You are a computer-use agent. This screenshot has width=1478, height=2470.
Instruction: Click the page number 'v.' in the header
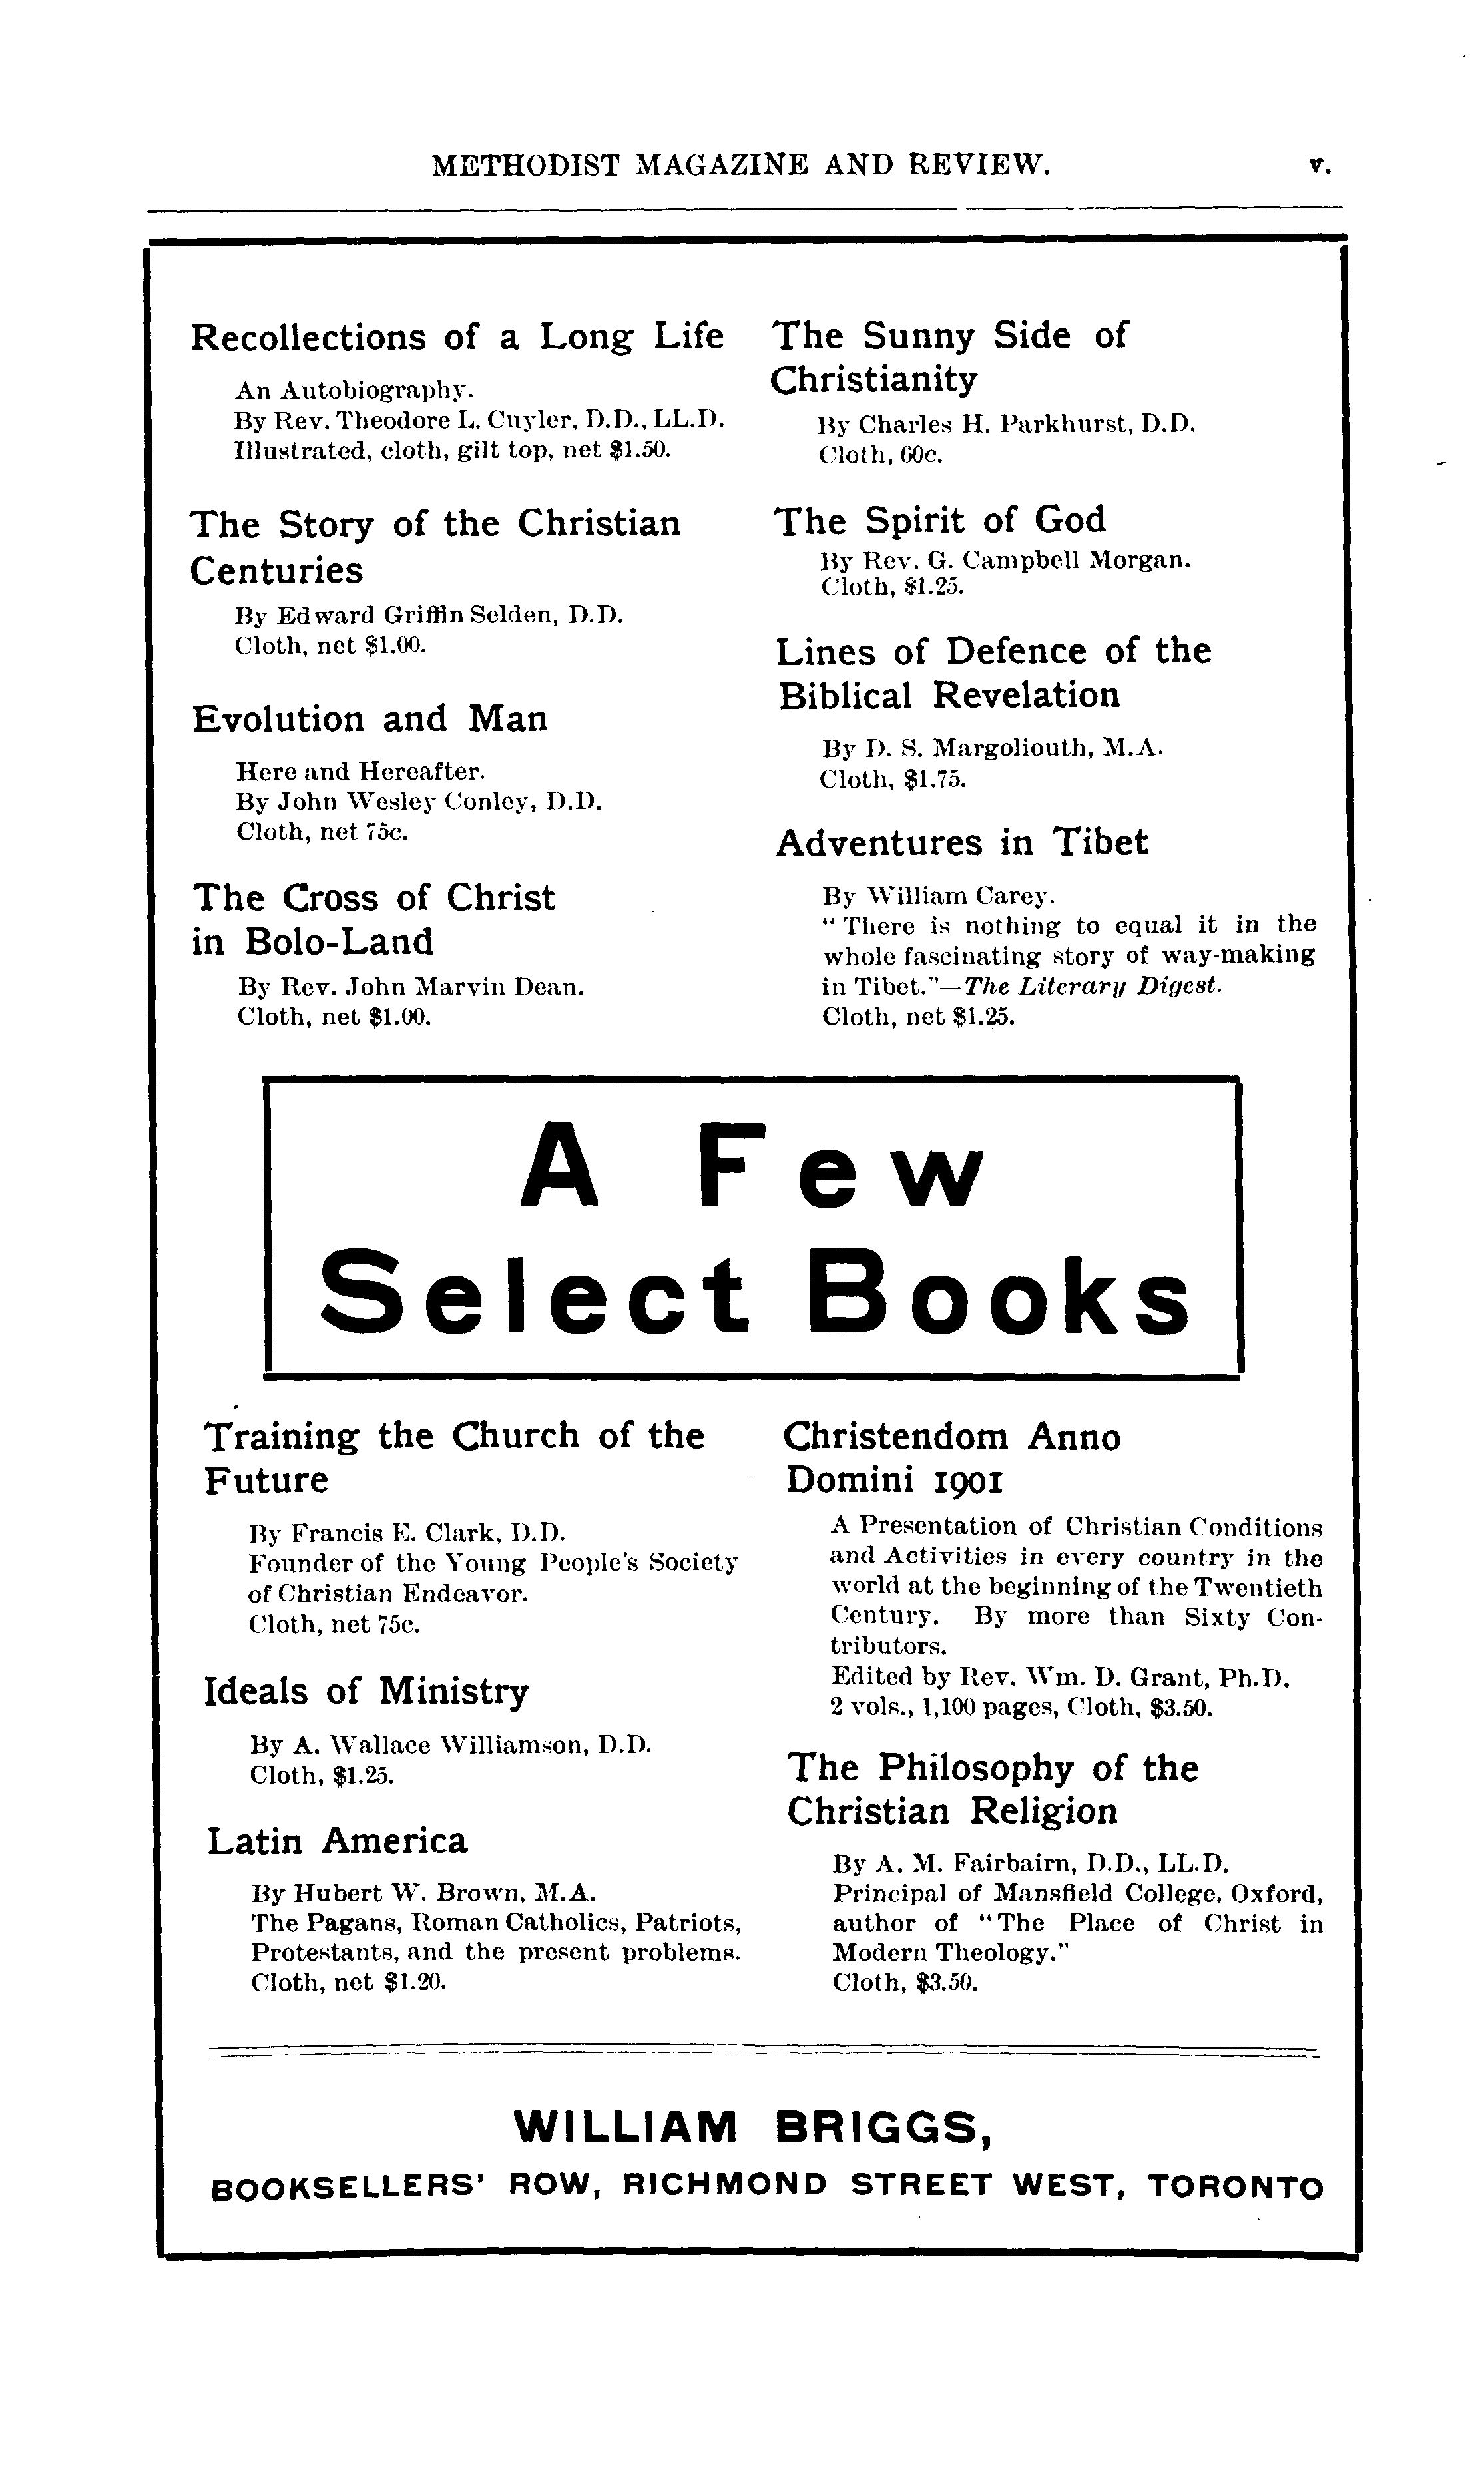[x=1319, y=166]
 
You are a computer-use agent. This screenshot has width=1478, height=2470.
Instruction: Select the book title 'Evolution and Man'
[x=369, y=719]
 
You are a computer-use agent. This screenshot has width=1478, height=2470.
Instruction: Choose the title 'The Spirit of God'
[x=939, y=521]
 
